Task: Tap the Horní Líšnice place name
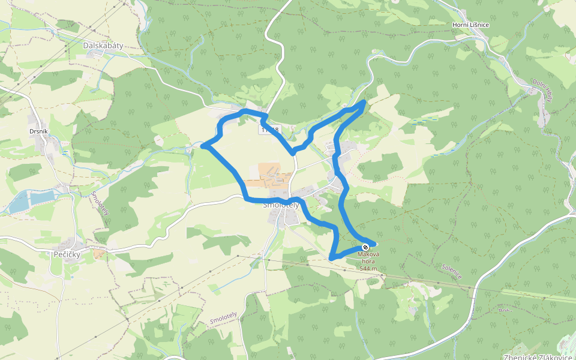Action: coord(470,25)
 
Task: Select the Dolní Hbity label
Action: coord(542,91)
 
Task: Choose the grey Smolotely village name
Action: coord(281,205)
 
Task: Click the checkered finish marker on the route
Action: coord(365,247)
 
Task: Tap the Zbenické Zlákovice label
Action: coord(539,354)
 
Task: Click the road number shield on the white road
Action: coord(269,130)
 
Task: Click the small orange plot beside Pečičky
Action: coord(99,254)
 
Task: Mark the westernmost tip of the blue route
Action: coord(203,146)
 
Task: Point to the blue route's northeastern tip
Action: coord(364,103)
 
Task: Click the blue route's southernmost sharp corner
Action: coord(331,259)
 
